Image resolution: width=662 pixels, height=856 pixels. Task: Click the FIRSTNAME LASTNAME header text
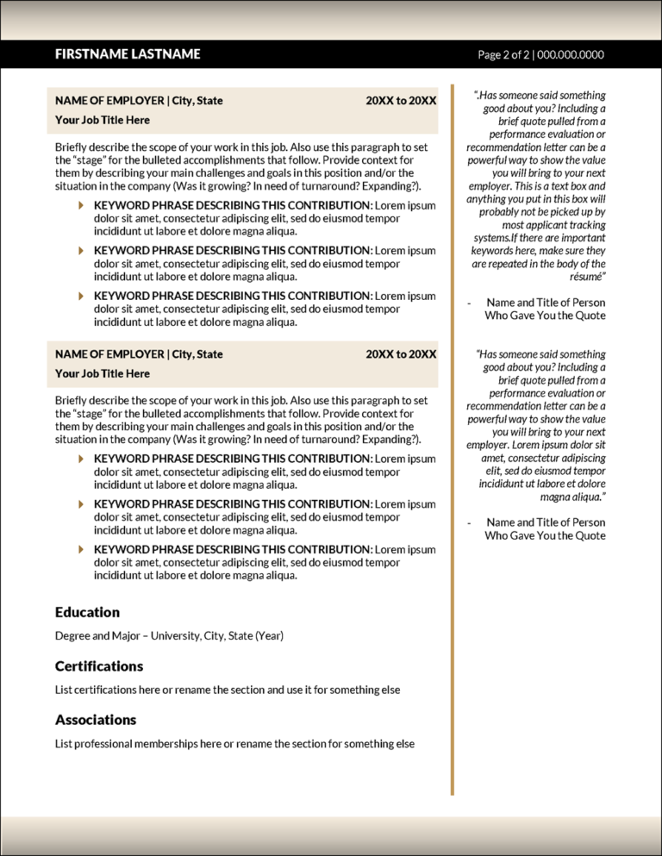tap(128, 54)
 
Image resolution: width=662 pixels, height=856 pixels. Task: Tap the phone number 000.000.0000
tap(571, 55)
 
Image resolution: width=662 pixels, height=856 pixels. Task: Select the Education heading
tap(87, 612)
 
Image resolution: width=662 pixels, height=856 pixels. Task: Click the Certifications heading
tap(99, 666)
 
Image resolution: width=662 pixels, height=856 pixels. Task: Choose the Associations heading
tap(96, 720)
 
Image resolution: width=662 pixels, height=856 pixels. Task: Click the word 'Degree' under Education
tap(72, 636)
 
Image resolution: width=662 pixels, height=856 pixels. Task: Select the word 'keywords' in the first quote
tap(493, 251)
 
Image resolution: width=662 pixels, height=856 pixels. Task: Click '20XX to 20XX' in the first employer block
tap(401, 101)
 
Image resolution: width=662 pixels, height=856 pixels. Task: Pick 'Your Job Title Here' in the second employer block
tap(103, 373)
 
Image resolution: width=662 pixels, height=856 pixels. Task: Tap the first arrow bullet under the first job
tap(81, 205)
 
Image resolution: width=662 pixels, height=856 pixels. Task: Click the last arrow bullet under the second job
tap(81, 549)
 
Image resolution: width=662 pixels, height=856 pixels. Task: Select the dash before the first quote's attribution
tap(468, 303)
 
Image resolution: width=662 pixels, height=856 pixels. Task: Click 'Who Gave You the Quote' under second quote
tap(545, 535)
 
